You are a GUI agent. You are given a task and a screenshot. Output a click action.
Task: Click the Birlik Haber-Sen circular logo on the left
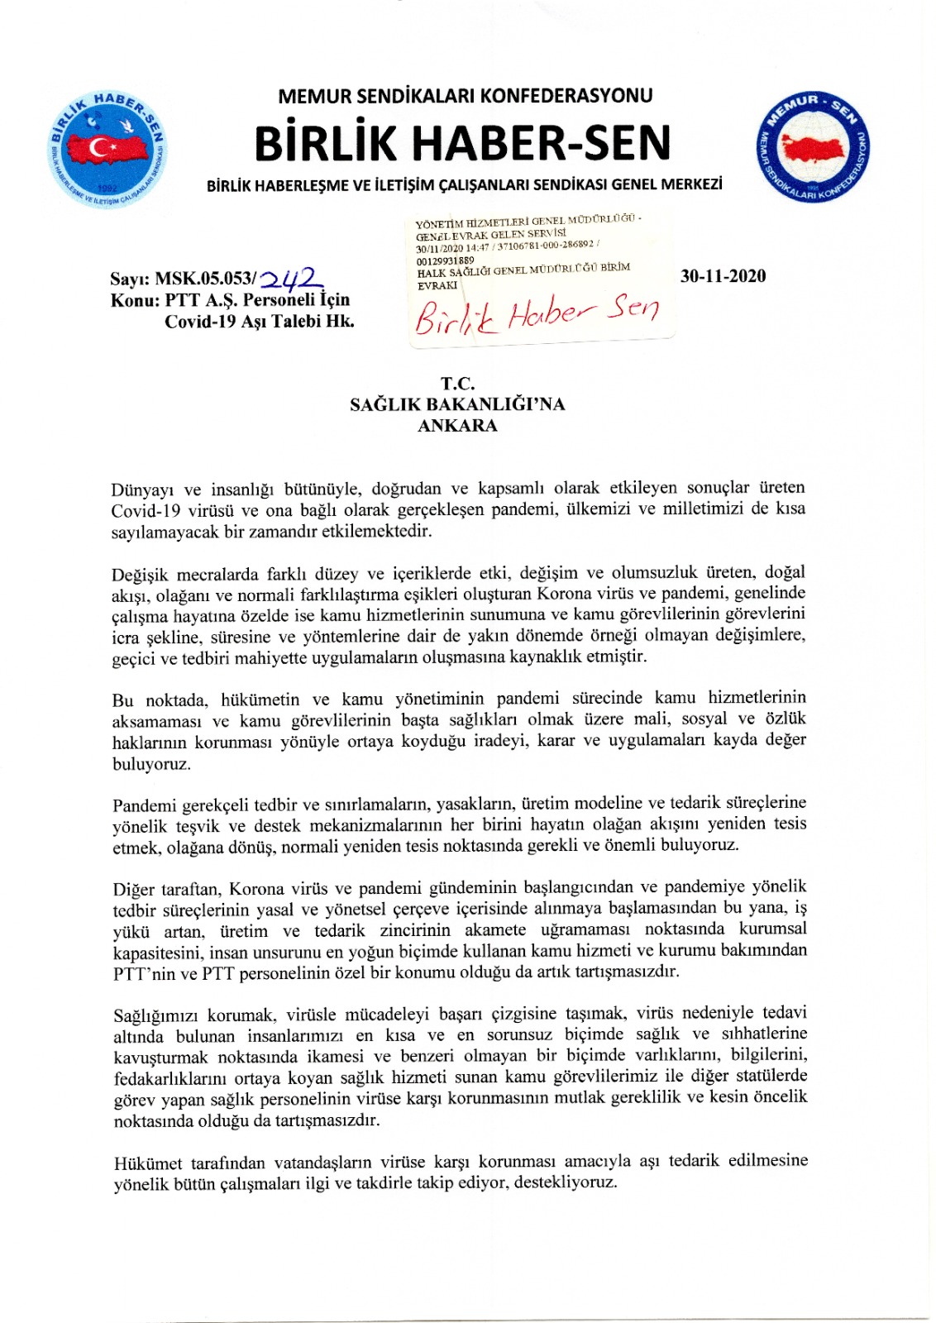[x=107, y=149]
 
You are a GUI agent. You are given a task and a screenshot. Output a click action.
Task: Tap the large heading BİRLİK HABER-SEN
[x=462, y=143]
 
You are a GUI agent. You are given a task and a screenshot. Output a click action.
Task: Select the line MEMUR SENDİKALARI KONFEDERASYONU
[x=465, y=96]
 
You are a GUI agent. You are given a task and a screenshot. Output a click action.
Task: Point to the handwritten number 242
[x=291, y=276]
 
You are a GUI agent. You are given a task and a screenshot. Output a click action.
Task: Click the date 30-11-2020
[x=723, y=276]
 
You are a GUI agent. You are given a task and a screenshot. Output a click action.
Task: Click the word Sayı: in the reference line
[x=130, y=279]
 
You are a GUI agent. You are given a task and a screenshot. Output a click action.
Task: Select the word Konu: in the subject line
[x=135, y=300]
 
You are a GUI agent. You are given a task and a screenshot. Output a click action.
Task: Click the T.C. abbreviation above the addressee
[x=457, y=384]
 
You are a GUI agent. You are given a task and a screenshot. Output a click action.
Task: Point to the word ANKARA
[x=457, y=426]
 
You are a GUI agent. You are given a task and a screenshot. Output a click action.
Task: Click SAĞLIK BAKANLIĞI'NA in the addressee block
[x=457, y=404]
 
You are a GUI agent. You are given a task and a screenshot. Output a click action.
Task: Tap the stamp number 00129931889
[x=446, y=260]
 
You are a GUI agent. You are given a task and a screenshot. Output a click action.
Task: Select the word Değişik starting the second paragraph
[x=141, y=574]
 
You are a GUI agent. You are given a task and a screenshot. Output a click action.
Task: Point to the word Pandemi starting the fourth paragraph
[x=144, y=805]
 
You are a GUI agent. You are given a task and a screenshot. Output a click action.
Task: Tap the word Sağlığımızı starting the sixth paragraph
[x=155, y=1015]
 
